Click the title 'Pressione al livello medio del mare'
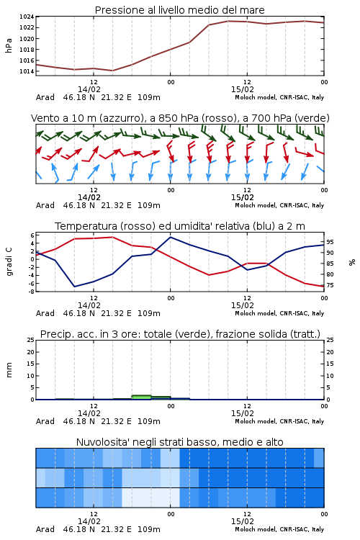coord(179,10)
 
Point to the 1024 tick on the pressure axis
coord(27,17)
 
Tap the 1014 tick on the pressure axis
coord(27,71)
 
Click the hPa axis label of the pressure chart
coord(9,45)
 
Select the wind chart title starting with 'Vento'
coord(180,118)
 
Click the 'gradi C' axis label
coord(9,261)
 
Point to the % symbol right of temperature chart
coord(352,262)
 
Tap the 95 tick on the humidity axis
coord(330,242)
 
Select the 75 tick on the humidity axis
coord(330,285)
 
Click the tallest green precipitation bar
coord(141,397)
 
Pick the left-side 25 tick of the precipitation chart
coord(31,340)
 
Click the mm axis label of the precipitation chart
coord(9,369)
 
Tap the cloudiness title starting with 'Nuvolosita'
coord(180,442)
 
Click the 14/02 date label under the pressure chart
coord(89,89)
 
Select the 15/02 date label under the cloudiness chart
coord(242,521)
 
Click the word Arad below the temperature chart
coord(45,313)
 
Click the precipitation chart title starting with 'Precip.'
coord(180,334)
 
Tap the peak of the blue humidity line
coord(170,237)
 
